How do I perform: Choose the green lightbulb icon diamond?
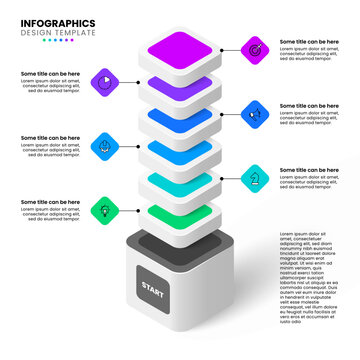[x=103, y=210]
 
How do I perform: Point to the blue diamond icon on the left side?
[x=103, y=145]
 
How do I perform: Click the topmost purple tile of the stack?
[x=179, y=46]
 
